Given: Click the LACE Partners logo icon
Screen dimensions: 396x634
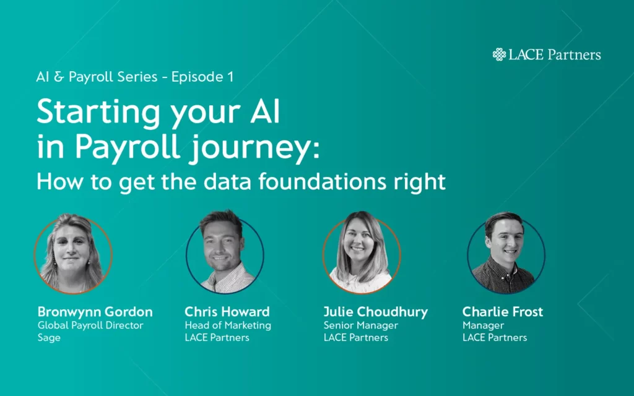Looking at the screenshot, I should (499, 54).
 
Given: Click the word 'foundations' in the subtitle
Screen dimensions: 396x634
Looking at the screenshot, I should (332, 181).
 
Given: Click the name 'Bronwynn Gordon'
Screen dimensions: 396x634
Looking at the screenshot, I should (95, 311).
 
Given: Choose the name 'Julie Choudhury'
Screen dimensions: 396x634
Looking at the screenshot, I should (375, 311).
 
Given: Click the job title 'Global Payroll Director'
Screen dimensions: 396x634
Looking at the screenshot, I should (90, 325).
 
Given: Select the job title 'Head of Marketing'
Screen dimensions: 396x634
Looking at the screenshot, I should (228, 325).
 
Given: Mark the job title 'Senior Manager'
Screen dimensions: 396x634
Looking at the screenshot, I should (360, 325).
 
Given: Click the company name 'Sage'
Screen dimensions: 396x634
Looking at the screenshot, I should (49, 338).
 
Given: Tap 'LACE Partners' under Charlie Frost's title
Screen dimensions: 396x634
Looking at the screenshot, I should (495, 338).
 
